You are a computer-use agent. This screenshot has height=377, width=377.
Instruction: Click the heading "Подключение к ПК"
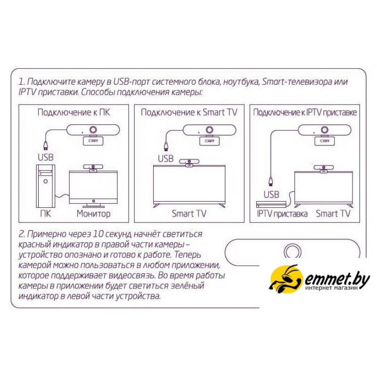[74, 113]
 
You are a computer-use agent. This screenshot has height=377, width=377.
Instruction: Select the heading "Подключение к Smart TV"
[189, 113]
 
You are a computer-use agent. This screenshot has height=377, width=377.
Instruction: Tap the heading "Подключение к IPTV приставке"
[305, 113]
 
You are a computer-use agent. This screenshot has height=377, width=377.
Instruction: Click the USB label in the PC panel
[45, 157]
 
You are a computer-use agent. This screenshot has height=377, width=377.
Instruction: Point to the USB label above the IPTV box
[271, 194]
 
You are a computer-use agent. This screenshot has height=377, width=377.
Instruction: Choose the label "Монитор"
[93, 213]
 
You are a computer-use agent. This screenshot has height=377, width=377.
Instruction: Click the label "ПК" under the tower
[46, 213]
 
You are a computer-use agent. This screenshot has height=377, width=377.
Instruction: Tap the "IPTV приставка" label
[282, 213]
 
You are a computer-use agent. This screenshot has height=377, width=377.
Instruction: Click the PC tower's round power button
[45, 181]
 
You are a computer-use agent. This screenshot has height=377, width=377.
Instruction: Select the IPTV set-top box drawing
[271, 204]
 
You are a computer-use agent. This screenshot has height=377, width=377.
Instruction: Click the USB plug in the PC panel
[46, 145]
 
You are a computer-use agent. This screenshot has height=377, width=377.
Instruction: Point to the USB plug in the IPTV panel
[271, 181]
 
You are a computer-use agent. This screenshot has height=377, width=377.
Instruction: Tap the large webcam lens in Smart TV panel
[209, 130]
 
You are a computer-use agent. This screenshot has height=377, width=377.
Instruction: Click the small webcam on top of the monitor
[93, 168]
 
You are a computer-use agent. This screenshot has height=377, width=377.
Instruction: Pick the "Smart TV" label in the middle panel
[189, 213]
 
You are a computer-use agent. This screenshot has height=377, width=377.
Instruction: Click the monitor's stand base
[93, 206]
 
